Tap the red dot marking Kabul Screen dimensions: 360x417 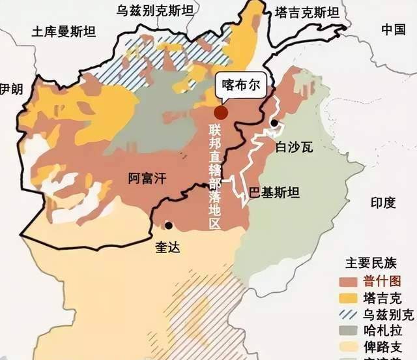tap(222, 112)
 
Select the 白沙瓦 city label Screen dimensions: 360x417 tap(295, 146)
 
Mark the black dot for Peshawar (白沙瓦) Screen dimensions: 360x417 tap(275, 123)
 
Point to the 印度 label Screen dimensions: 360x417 tap(383, 203)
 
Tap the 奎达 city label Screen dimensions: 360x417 tap(167, 247)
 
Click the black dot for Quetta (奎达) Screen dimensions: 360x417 tap(169, 226)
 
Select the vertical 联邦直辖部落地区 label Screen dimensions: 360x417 tap(216, 175)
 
